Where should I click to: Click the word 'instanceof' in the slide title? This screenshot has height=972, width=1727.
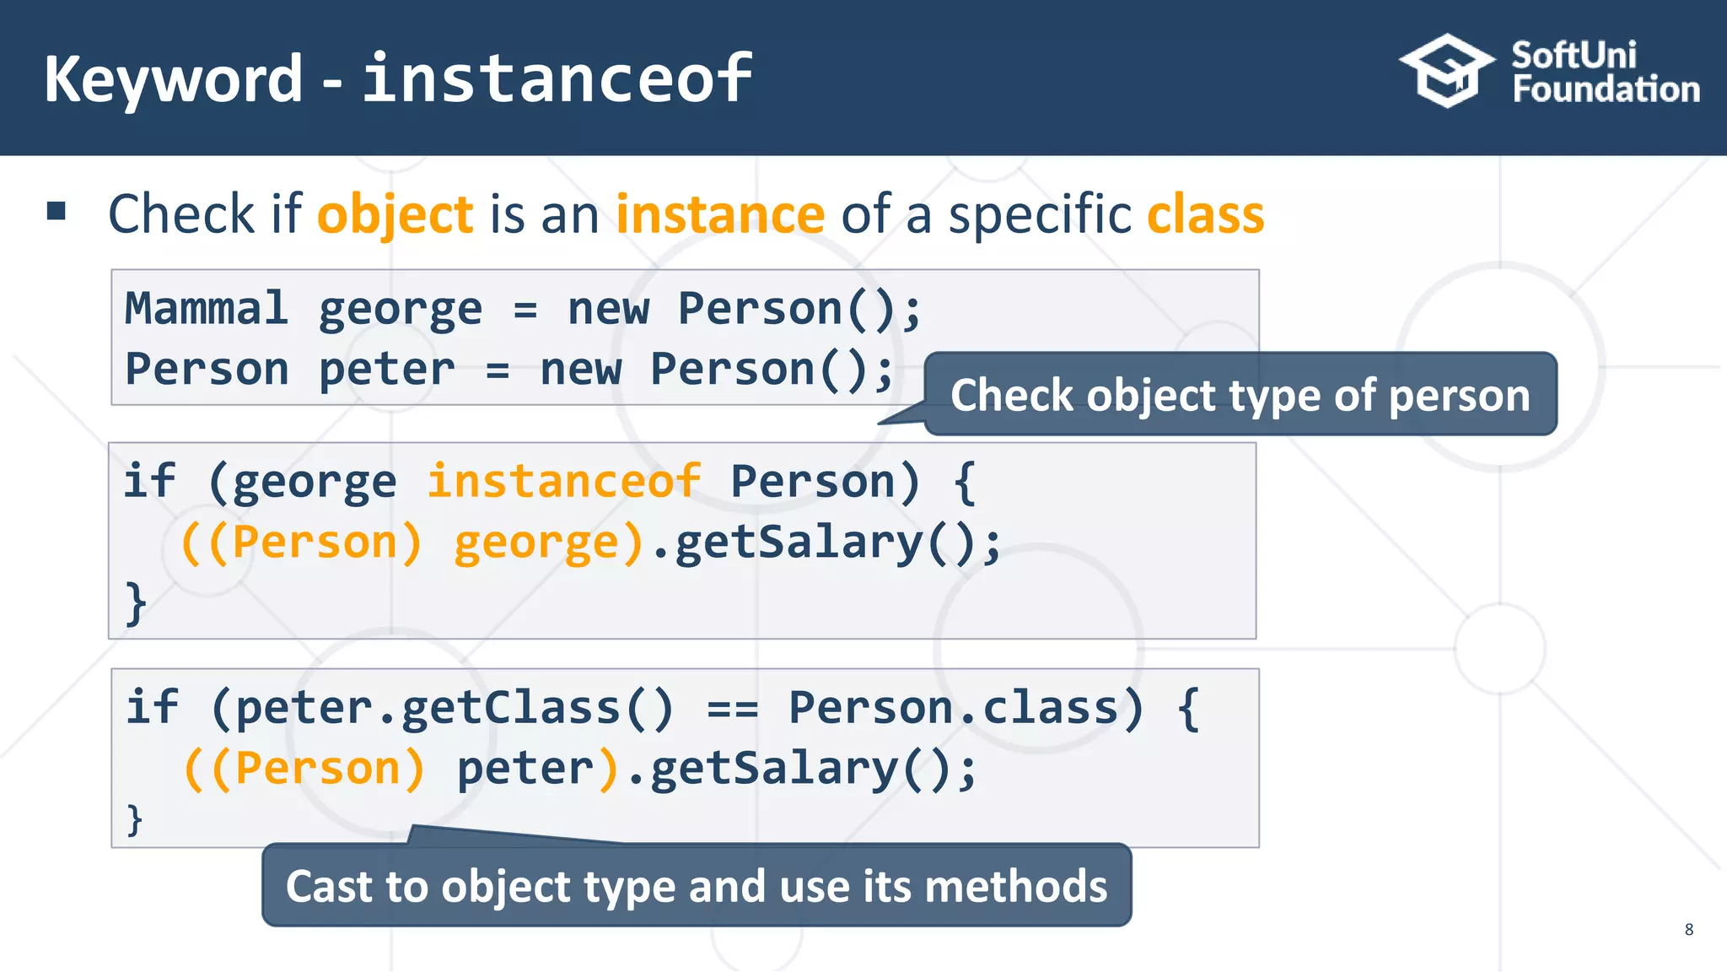[557, 78]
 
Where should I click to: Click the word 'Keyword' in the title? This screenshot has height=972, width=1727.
[173, 78]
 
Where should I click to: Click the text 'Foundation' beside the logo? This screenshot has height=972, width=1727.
[1606, 89]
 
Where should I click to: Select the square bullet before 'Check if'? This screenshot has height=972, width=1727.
[56, 211]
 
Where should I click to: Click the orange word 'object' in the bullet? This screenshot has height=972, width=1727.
[395, 214]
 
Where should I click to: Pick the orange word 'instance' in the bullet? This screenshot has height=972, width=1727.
[719, 214]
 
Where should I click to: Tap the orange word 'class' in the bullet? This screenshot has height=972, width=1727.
[1205, 214]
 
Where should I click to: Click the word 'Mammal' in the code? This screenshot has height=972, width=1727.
[206, 308]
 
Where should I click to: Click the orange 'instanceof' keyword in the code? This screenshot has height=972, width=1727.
[563, 482]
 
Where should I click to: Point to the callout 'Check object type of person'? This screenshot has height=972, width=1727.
[1240, 395]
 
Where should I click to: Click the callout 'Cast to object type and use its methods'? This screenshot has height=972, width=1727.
[697, 886]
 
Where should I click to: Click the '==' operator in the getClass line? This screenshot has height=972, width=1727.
[732, 709]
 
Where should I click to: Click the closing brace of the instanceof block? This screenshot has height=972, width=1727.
[136, 602]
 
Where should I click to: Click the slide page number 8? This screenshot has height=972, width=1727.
[1688, 929]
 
